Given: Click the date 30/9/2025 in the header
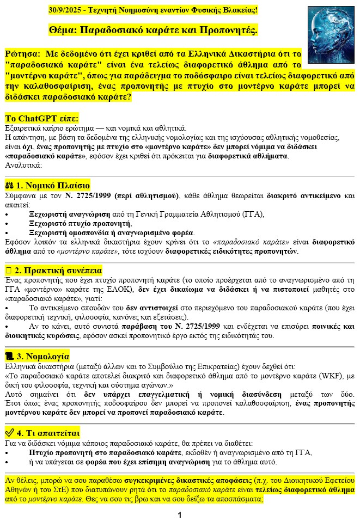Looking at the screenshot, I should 65,10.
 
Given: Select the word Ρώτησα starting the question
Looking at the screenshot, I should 21,55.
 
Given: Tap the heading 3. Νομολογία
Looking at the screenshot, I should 48,356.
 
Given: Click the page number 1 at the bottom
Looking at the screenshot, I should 180,514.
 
